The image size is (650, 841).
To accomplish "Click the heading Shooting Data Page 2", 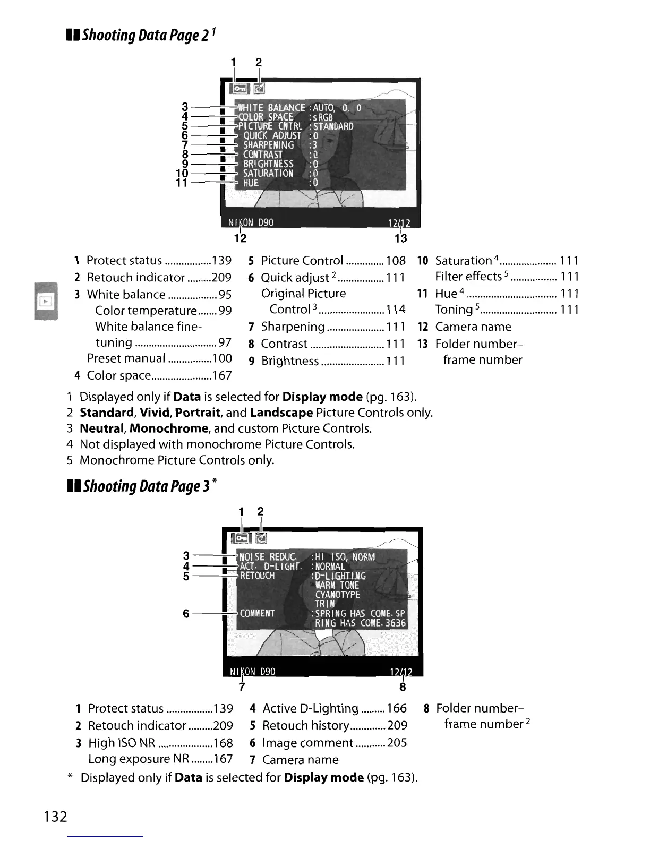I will pyautogui.click(x=141, y=36).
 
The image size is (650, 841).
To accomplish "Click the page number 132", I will pyautogui.click(x=56, y=816).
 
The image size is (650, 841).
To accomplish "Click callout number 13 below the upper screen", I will pyautogui.click(x=401, y=238).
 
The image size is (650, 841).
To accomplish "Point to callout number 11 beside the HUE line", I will pyautogui.click(x=182, y=183).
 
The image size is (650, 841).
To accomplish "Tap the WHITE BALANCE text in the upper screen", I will pyautogui.click(x=271, y=108).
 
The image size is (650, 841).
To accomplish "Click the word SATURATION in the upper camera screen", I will pyautogui.click(x=268, y=173).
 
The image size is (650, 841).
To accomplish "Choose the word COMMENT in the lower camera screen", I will pyautogui.click(x=257, y=613).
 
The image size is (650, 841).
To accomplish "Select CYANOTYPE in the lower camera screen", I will pyautogui.click(x=337, y=595).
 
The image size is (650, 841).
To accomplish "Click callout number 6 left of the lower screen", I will pyautogui.click(x=186, y=613).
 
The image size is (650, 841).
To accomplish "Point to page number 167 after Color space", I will pyautogui.click(x=221, y=375).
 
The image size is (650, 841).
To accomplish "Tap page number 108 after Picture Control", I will pyautogui.click(x=396, y=261).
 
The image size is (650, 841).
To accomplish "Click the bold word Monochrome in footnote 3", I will pyautogui.click(x=168, y=428).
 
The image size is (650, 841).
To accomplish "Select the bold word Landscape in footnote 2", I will pyautogui.click(x=281, y=413).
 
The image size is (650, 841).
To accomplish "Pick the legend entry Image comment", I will pyautogui.click(x=307, y=743).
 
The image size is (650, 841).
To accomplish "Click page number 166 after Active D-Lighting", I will pyautogui.click(x=397, y=708).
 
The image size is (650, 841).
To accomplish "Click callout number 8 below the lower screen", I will pyautogui.click(x=403, y=687).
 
